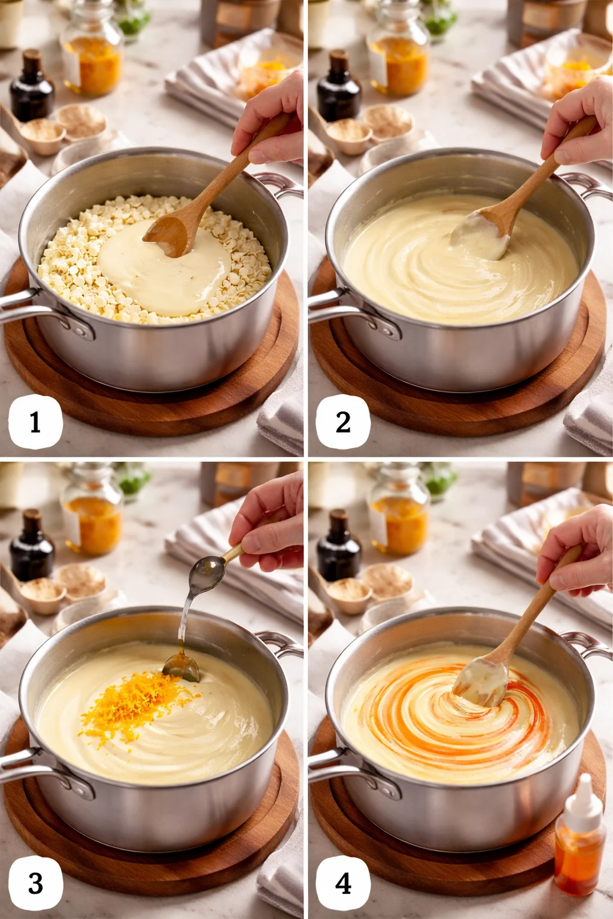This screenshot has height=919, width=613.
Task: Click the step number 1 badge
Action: click(35, 422)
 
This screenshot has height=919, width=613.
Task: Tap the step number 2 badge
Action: click(343, 422)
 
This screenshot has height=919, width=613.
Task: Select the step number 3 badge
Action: click(35, 883)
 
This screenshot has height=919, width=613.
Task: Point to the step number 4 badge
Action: click(343, 883)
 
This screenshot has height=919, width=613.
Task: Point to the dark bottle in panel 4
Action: click(339, 547)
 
